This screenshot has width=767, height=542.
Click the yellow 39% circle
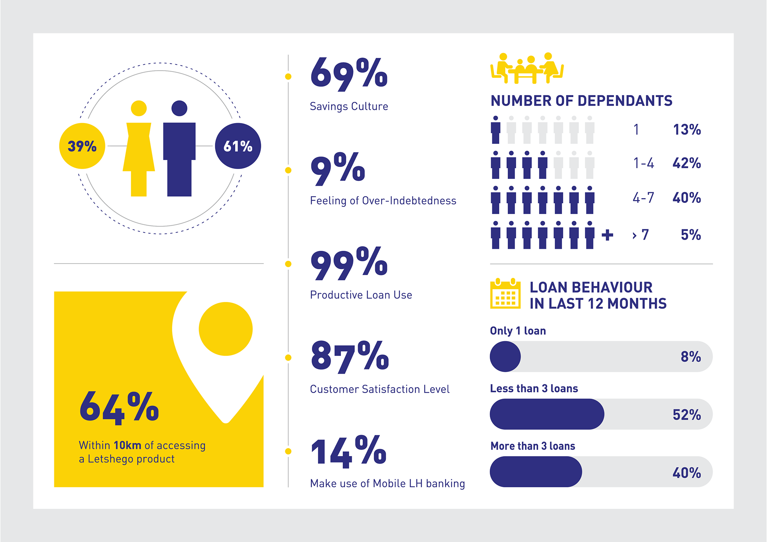click(82, 146)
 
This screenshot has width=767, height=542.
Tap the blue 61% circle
click(238, 146)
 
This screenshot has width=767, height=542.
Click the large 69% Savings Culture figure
click(349, 74)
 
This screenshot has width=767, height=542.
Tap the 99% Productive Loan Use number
click(349, 264)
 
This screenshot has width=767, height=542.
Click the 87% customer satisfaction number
click(350, 357)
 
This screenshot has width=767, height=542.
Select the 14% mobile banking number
click(349, 452)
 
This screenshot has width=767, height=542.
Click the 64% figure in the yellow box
click(119, 407)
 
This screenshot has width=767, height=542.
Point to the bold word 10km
click(127, 445)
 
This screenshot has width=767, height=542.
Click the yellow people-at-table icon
click(527, 68)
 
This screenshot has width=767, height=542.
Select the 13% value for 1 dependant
click(687, 130)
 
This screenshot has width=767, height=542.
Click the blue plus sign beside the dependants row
click(607, 235)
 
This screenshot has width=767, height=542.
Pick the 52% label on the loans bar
click(687, 415)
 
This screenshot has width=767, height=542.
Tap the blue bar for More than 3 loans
click(536, 472)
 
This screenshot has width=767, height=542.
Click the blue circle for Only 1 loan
click(505, 357)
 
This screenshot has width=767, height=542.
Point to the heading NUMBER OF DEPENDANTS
click(581, 101)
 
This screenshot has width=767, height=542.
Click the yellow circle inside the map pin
click(226, 329)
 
